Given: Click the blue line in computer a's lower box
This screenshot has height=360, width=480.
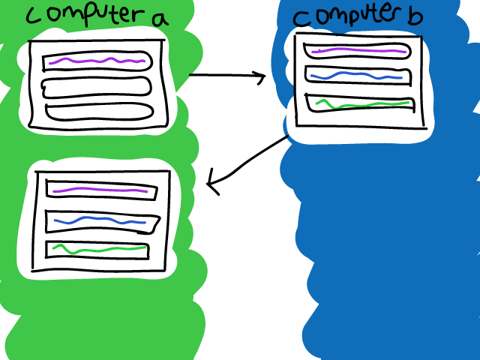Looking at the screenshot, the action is (x=101, y=220).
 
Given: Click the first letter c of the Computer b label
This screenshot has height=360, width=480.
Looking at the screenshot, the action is (x=298, y=19).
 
